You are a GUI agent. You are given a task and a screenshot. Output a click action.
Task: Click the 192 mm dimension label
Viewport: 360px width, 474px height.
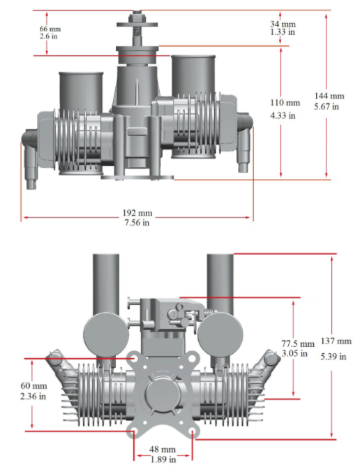(x=137, y=212)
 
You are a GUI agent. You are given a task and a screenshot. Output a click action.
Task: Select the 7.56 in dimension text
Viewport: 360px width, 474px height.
(x=137, y=223)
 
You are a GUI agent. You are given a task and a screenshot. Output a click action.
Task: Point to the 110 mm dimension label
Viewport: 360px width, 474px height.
(x=285, y=103)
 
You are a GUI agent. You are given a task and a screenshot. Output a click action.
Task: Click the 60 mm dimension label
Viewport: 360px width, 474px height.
(x=32, y=385)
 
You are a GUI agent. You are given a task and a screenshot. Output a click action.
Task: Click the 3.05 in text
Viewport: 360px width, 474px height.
(x=297, y=355)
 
